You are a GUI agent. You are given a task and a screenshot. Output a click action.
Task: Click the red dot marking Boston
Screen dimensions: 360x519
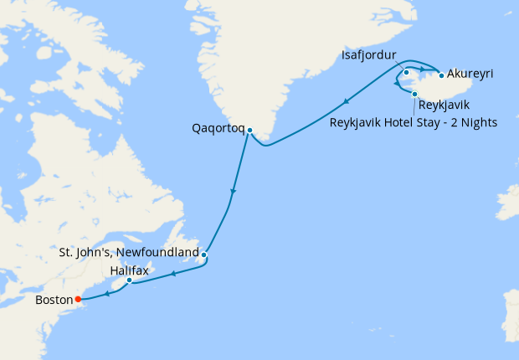tap(77, 299)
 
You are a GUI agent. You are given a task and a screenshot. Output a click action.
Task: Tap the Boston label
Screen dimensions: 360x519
tap(54, 300)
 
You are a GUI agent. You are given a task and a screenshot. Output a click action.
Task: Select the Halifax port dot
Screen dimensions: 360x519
tap(129, 280)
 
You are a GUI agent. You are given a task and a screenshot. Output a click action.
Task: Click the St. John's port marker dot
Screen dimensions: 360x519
tap(203, 254)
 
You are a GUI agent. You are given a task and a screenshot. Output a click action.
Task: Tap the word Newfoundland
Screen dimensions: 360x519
tap(163, 252)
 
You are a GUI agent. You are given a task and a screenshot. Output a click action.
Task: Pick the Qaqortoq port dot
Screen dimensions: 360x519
tap(249, 130)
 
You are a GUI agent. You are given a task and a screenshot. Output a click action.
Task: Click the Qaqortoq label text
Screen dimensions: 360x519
tap(218, 130)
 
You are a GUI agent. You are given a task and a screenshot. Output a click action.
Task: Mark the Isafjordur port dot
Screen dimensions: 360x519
tap(405, 73)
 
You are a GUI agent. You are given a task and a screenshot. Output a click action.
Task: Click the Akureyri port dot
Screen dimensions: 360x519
tap(441, 75)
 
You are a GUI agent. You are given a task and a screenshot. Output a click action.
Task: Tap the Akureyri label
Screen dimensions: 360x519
tap(470, 74)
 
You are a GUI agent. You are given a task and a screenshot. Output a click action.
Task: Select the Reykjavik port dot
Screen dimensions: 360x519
tap(414, 95)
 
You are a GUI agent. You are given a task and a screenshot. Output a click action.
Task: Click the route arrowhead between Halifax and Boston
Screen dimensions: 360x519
tap(108, 293)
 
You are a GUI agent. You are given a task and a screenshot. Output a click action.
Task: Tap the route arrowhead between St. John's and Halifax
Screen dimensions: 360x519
tap(172, 274)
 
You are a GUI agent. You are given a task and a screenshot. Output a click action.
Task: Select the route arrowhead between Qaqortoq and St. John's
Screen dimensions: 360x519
tap(234, 193)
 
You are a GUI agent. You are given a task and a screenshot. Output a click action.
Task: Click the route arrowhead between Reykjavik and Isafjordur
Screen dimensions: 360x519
tap(398, 82)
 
